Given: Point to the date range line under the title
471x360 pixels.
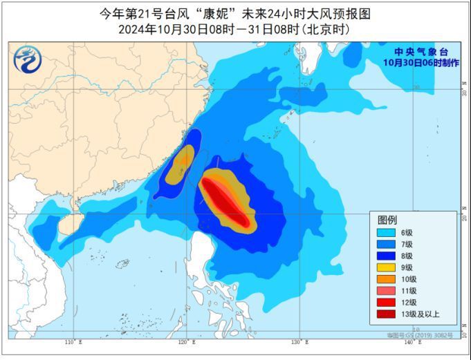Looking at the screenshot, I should [234, 29].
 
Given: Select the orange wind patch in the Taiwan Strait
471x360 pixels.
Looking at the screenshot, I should [183, 160].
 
